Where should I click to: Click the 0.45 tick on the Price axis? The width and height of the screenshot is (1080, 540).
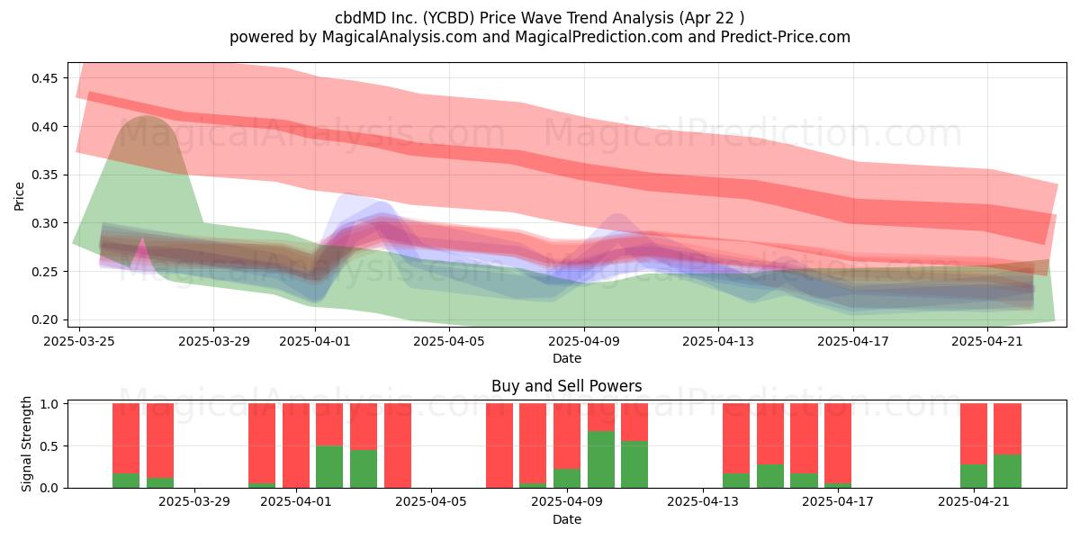(x=44, y=78)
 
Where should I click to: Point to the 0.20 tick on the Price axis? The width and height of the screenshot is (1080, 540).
(x=44, y=319)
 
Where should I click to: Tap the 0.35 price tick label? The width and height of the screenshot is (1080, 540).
(x=44, y=175)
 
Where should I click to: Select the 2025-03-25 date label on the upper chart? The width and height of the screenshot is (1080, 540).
(x=79, y=341)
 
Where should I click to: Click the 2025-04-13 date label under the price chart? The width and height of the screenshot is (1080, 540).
(x=718, y=341)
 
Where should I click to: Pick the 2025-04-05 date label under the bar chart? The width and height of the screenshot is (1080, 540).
(x=431, y=502)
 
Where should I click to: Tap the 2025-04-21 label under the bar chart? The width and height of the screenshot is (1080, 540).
(x=974, y=502)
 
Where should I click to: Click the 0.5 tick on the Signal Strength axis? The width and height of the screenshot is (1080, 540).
(x=49, y=446)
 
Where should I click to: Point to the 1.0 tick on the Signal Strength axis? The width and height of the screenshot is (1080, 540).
(x=49, y=403)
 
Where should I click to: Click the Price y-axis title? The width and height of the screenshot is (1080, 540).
(x=19, y=196)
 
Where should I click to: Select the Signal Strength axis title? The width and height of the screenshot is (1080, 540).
(x=26, y=444)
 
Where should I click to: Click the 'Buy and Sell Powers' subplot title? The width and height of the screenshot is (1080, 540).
(x=566, y=386)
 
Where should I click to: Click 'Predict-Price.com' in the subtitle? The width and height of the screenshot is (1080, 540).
(x=786, y=37)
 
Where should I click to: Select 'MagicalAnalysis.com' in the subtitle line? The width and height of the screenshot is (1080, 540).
(x=400, y=37)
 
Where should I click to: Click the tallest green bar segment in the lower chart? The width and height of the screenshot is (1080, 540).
(x=601, y=460)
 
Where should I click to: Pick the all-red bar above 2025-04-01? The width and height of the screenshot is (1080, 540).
(x=296, y=445)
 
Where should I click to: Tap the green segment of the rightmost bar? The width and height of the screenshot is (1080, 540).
(x=1008, y=471)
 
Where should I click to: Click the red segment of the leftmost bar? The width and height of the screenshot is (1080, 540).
(x=126, y=438)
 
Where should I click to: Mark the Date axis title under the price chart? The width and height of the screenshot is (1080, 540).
(x=566, y=359)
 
